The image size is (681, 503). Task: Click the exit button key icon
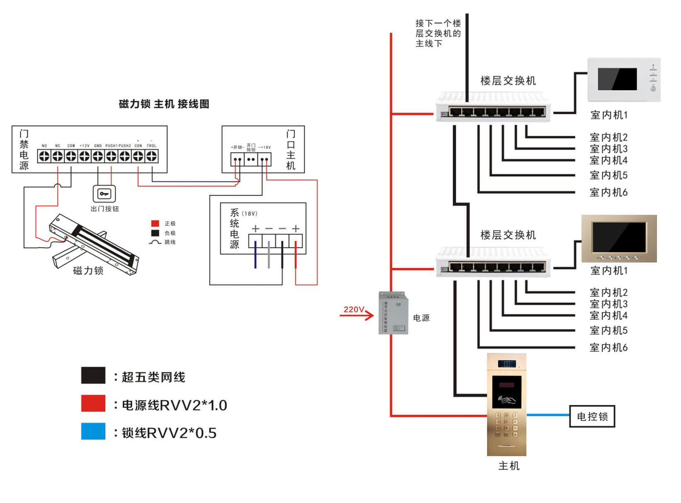pyautogui.click(x=104, y=194)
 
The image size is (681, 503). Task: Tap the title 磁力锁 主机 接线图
pyautogui.click(x=164, y=104)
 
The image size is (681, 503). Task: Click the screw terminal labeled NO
pyautogui.click(x=44, y=156)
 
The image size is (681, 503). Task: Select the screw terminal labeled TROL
pyautogui.click(x=152, y=156)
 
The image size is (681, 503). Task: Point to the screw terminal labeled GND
pyautogui.click(x=98, y=156)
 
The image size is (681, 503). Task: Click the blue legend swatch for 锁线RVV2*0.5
pyautogui.click(x=93, y=431)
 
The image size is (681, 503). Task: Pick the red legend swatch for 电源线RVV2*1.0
pyautogui.click(x=93, y=403)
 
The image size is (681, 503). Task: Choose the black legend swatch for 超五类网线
pyautogui.click(x=93, y=375)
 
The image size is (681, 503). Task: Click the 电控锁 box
pyautogui.click(x=592, y=416)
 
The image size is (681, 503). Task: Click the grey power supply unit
pyautogui.click(x=393, y=313)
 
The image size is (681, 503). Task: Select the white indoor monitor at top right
pyautogui.click(x=623, y=80)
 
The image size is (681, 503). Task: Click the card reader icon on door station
pyautogui.click(x=507, y=400)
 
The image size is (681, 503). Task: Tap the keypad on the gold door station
pyautogui.click(x=507, y=425)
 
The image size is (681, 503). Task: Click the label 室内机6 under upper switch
pyautogui.click(x=608, y=192)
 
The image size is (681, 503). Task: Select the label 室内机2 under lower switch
pyautogui.click(x=608, y=292)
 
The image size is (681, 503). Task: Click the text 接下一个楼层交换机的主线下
pyautogui.click(x=438, y=33)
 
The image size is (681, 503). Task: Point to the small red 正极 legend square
pyautogui.click(x=155, y=224)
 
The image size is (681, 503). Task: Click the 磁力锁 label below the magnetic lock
pyautogui.click(x=88, y=271)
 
